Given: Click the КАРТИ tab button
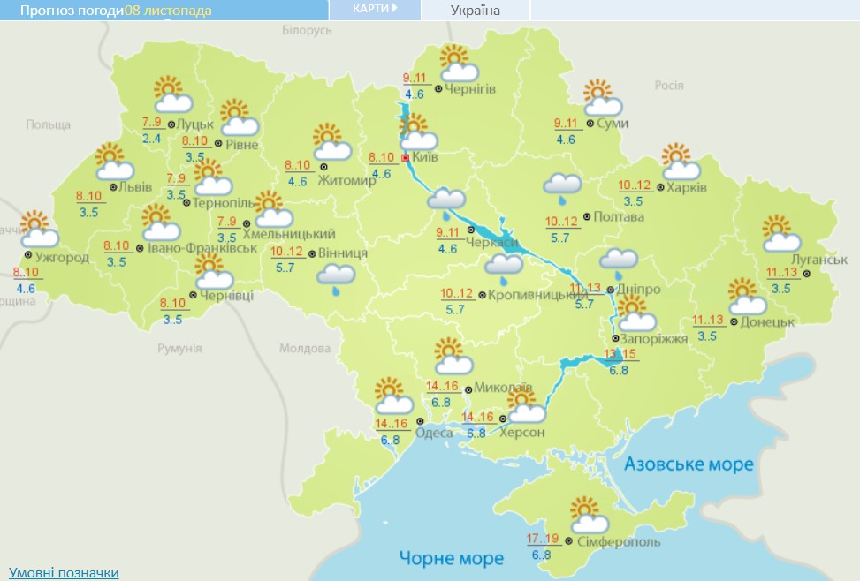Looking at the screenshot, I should (375, 9).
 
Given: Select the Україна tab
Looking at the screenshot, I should (475, 11).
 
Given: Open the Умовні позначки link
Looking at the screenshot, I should (63, 572).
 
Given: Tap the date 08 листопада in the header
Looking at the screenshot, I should (168, 11).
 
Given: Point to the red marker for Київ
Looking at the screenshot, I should (406, 157).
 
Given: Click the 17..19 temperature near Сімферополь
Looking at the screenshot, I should (543, 539).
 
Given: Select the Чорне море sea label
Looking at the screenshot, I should (451, 558).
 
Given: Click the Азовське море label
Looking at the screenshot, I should (689, 464).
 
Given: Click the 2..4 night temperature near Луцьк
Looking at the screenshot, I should (151, 139).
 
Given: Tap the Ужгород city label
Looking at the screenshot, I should (63, 258).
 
